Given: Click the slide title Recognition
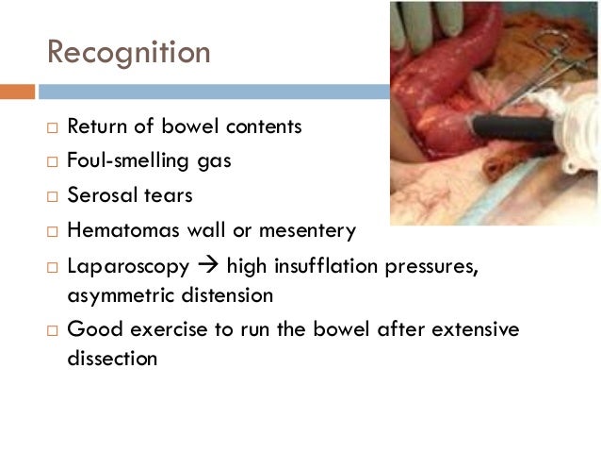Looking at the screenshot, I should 129,52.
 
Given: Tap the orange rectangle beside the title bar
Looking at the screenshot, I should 17,92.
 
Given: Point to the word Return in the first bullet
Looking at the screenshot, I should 96,126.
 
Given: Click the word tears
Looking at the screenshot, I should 171,195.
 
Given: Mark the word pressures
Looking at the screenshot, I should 435,266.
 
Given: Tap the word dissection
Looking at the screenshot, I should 112,360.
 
